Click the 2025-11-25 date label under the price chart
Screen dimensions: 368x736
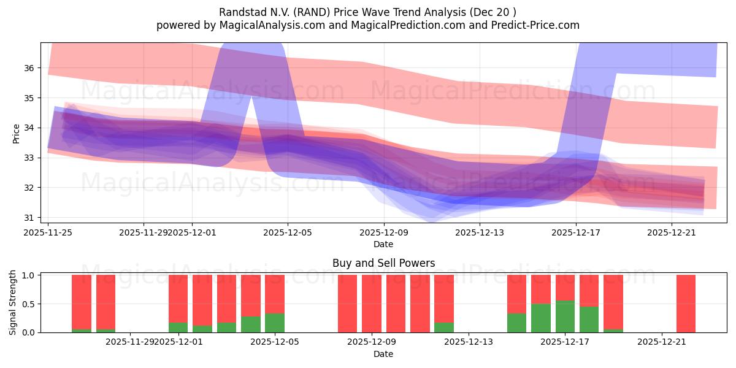48,232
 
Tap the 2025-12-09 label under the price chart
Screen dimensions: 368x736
384,232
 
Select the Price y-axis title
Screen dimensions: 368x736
16,134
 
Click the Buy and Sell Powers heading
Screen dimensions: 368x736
383,263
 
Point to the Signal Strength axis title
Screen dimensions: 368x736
13,302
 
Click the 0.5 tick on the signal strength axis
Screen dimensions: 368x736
29,304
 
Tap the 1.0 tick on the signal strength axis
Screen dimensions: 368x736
29,275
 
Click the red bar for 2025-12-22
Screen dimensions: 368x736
686,304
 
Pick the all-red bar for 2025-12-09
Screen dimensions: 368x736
372,304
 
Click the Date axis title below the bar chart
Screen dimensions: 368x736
383,354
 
